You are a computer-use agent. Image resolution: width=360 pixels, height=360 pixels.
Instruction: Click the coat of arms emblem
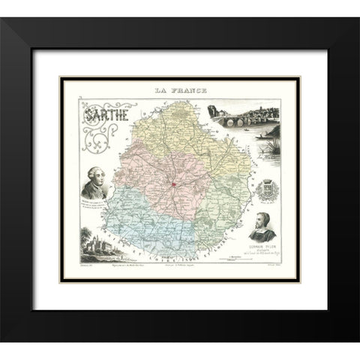click(x=269, y=192)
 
